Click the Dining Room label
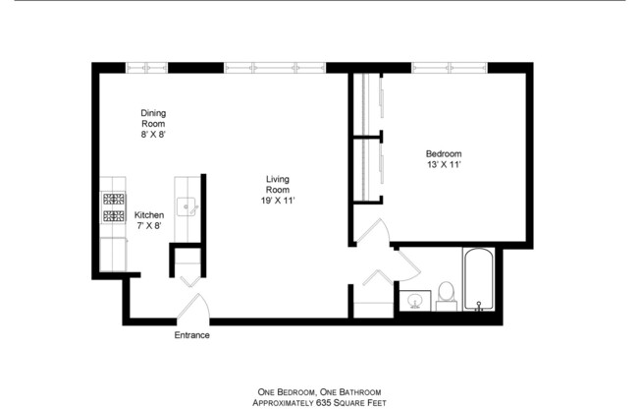coord(152,118)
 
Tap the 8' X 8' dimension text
coord(152,136)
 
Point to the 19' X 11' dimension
coord(278,201)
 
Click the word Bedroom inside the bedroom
coord(443,153)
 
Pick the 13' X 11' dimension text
coord(443,166)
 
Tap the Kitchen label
coord(149,215)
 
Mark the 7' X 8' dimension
coord(149,227)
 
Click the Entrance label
coord(191,335)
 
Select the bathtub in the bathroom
coord(477,280)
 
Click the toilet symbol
coord(445,292)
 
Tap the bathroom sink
coord(414,300)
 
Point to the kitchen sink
coord(187,206)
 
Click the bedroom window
coord(450,68)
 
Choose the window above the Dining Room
coord(148,68)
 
